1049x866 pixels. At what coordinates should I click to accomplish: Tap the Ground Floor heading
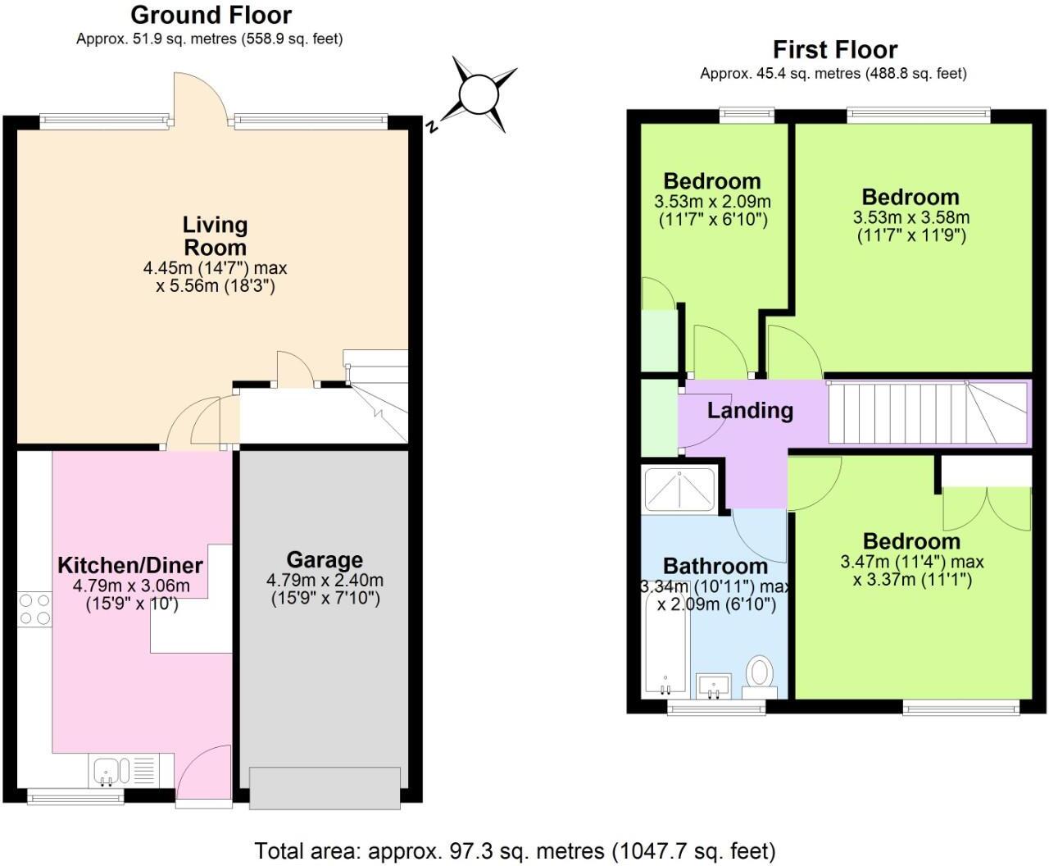pyautogui.click(x=211, y=15)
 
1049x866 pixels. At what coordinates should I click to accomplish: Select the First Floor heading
pyautogui.click(x=834, y=49)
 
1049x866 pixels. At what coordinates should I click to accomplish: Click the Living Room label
pyautogui.click(x=215, y=235)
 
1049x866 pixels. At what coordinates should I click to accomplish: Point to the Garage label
pyautogui.click(x=325, y=560)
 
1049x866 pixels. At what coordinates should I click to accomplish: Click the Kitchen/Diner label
pyautogui.click(x=130, y=565)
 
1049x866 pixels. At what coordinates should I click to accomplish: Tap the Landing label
pyautogui.click(x=750, y=410)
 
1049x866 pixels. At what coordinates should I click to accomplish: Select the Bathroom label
pyautogui.click(x=715, y=566)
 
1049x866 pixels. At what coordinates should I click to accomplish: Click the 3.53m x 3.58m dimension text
pyautogui.click(x=910, y=218)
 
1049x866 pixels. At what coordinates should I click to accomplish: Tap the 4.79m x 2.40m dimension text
pyautogui.click(x=325, y=581)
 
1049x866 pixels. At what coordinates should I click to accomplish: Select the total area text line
pyautogui.click(x=515, y=850)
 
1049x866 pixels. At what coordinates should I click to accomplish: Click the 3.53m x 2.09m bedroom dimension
pyautogui.click(x=712, y=202)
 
